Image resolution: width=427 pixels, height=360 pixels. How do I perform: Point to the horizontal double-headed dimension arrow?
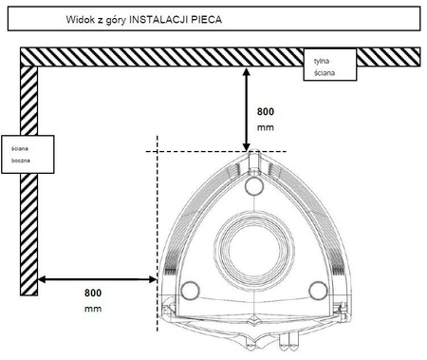(95, 279)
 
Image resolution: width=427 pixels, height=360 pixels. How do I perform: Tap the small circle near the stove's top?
(252, 187)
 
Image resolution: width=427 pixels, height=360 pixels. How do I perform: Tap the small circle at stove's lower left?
(189, 290)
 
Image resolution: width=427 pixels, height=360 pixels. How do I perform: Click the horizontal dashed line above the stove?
(190, 151)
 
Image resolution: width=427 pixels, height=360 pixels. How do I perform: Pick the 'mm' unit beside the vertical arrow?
(267, 124)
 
